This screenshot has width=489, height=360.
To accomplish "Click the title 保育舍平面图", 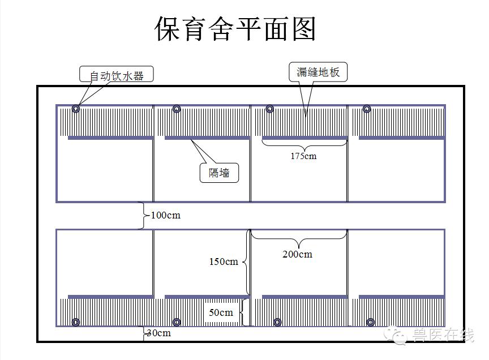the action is point(235,28).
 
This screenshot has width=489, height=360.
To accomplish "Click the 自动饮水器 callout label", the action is point(116,75).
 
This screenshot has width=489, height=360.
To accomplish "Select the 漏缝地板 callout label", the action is point(318,72).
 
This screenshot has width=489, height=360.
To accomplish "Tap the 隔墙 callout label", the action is point(219,173).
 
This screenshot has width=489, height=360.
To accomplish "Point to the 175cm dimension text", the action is point(303,156).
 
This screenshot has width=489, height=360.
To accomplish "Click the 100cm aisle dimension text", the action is point(165,216).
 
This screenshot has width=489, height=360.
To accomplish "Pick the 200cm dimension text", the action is point(297,254).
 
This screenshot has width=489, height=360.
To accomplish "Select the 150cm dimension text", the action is point(224,262).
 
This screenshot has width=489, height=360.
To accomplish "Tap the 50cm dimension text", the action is point(221,312).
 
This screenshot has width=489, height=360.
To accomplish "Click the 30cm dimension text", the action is point(159,333).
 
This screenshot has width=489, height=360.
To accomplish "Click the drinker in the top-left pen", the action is point(76,109).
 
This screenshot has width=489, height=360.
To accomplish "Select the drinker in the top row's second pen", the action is point(177,109).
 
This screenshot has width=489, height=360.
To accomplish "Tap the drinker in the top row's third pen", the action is point(269,109).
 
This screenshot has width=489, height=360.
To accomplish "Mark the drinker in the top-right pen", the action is point(367,109).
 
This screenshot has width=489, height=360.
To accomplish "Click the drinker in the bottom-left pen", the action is point(76,322).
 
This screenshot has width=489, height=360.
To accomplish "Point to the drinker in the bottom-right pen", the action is point(370,322).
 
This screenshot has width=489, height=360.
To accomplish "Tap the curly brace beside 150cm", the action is point(246,262).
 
